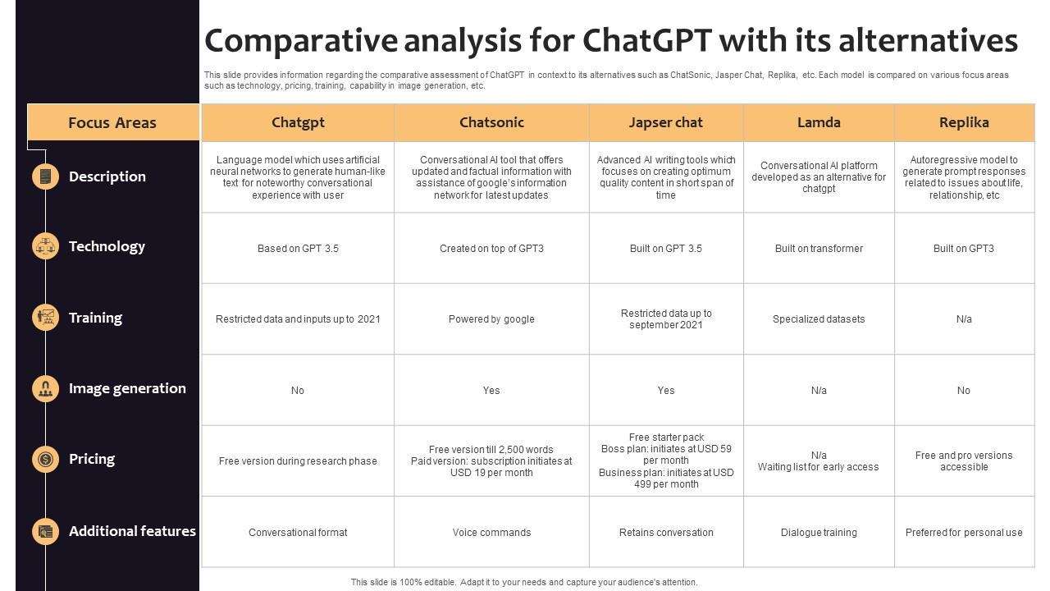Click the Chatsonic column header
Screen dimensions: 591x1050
click(491, 122)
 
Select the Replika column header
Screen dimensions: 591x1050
click(964, 122)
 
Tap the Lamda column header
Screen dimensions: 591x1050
click(819, 122)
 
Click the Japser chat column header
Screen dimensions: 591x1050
click(665, 122)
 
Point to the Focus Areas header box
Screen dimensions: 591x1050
click(112, 123)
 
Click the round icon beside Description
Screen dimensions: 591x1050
click(45, 176)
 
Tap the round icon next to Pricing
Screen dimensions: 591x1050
click(45, 459)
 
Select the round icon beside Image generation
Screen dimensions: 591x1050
click(45, 388)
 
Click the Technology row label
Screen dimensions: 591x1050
click(107, 246)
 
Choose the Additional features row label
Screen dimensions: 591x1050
click(132, 531)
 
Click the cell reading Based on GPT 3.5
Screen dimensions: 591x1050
click(298, 249)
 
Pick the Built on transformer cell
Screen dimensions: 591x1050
click(819, 249)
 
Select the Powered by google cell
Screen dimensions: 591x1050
click(491, 319)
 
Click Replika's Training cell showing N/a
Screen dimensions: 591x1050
click(964, 319)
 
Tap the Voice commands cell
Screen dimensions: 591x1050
click(491, 533)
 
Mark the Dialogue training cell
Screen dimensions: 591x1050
click(819, 533)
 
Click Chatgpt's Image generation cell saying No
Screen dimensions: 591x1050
click(298, 391)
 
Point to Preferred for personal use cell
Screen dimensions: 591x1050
click(964, 533)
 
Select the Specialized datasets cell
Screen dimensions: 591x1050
click(819, 319)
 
